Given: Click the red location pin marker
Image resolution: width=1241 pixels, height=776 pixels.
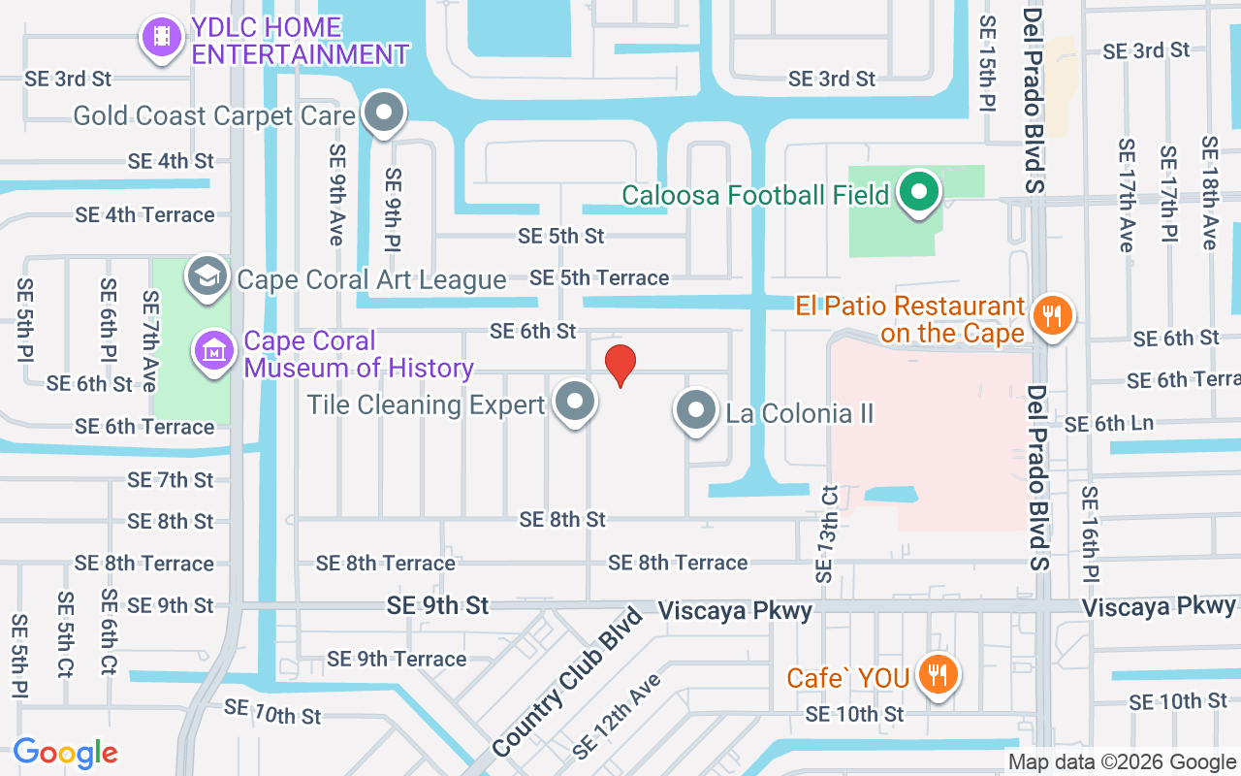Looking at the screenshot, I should coord(620,365).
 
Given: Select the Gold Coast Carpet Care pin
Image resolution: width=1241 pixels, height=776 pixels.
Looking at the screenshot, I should coord(385,113).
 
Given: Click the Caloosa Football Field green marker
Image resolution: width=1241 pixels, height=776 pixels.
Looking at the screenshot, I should coord(918,193).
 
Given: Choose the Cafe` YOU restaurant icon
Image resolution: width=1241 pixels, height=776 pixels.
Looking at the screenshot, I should coord(937,674).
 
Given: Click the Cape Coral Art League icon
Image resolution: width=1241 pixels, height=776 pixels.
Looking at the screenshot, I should coord(207,277).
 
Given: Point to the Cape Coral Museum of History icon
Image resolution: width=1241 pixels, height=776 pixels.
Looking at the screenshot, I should coord(213,351).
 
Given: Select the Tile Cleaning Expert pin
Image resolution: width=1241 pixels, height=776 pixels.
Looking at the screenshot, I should coord(574,402).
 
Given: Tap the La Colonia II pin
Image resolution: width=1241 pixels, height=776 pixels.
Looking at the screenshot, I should coord(695,411).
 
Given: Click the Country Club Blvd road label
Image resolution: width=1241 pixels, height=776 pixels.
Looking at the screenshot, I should coord(568,681).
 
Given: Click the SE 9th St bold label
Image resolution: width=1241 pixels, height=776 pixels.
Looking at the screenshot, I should coord(438,605).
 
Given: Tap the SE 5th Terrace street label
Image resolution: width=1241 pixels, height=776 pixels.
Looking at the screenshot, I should coord(599,277).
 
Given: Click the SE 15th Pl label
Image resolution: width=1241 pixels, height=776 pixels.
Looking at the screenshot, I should coord(987,63).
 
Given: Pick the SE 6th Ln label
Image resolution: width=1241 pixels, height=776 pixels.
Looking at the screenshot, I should coord(1109,424).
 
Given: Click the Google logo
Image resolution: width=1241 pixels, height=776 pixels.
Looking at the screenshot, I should coord(66,753).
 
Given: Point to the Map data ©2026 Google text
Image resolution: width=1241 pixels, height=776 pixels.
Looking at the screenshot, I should coord(1122,762).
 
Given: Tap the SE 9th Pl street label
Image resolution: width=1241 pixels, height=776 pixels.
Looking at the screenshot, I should coord(393,208).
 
